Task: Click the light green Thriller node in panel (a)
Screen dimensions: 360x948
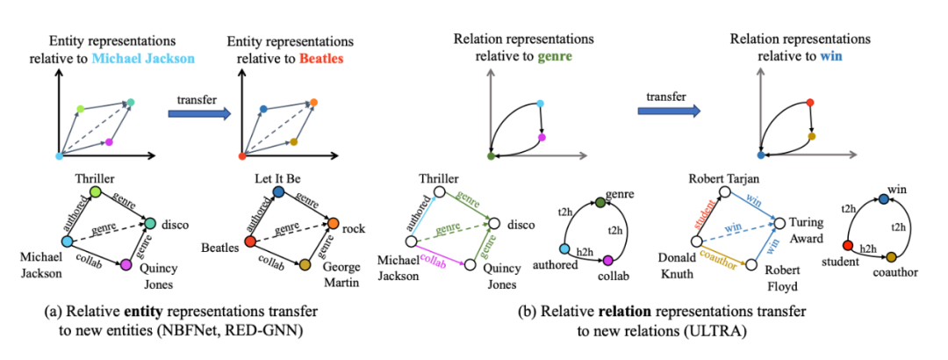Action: click(x=96, y=191)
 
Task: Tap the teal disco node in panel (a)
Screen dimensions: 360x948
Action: click(x=152, y=223)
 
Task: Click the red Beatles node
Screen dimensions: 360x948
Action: click(x=250, y=241)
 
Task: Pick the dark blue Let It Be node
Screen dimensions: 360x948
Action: click(x=278, y=191)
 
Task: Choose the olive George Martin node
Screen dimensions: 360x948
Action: click(x=306, y=264)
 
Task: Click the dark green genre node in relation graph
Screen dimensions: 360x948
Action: click(x=600, y=203)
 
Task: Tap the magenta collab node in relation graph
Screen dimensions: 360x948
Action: click(x=607, y=259)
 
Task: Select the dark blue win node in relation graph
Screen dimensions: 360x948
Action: click(x=883, y=201)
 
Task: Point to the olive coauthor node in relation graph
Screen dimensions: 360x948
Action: click(x=891, y=257)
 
